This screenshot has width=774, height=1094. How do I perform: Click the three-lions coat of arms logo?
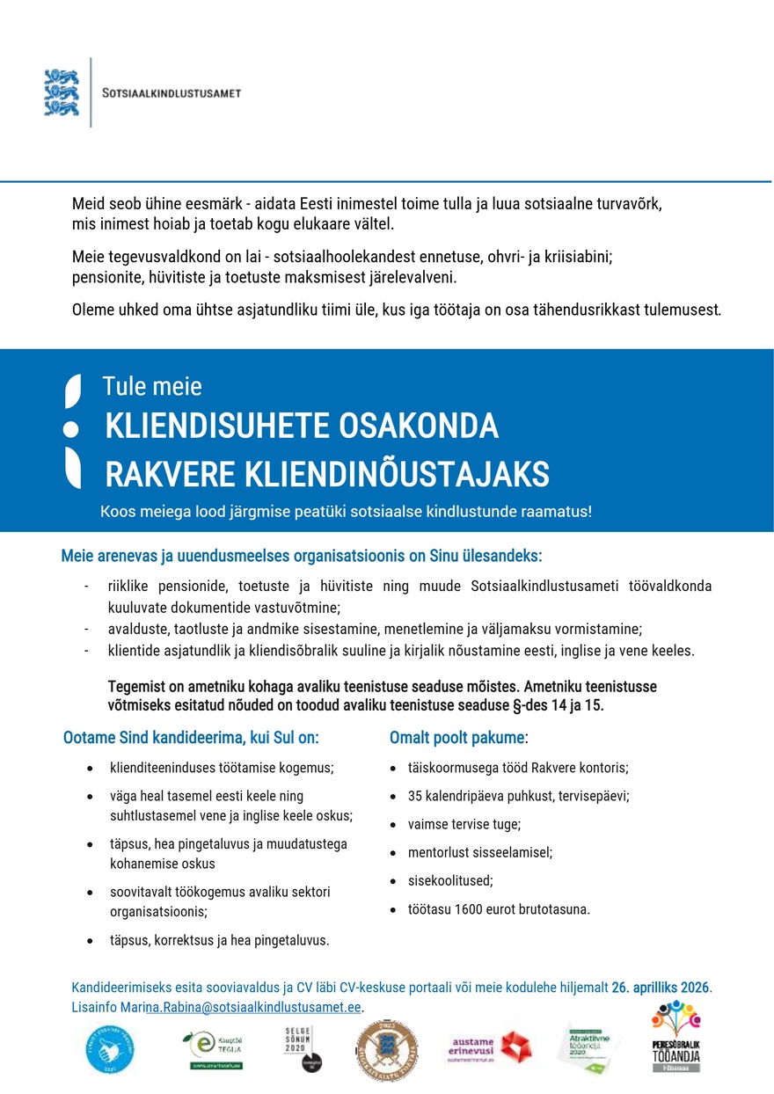(62, 92)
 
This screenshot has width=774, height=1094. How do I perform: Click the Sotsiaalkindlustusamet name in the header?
(172, 93)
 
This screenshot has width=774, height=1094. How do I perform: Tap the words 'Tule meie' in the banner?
(152, 386)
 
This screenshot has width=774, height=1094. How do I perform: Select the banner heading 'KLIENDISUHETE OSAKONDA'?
(302, 427)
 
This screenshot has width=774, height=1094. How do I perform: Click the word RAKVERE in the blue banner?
(164, 474)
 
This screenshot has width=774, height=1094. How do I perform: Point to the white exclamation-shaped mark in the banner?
(72, 430)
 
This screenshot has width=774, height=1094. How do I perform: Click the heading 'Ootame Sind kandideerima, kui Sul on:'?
(191, 737)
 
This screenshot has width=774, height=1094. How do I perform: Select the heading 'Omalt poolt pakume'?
(456, 737)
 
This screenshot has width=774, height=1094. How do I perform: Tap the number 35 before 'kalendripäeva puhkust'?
(415, 796)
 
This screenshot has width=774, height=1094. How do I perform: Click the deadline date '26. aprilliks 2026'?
(660, 987)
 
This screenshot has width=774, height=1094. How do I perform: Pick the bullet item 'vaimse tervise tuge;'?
(464, 824)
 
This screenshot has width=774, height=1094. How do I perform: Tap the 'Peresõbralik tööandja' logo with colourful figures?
(675, 1038)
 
